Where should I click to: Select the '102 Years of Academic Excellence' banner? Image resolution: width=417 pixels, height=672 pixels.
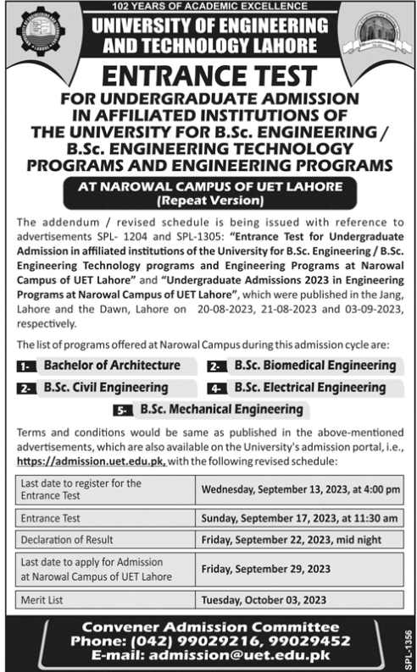tap(208, 5)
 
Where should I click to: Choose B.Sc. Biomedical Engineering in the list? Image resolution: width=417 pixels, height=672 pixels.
tap(314, 366)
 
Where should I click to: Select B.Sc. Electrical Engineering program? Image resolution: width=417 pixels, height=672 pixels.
tap(312, 388)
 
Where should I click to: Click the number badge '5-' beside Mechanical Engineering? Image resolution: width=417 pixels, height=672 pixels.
tap(124, 410)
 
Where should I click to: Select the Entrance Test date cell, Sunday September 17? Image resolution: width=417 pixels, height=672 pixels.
tap(298, 517)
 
